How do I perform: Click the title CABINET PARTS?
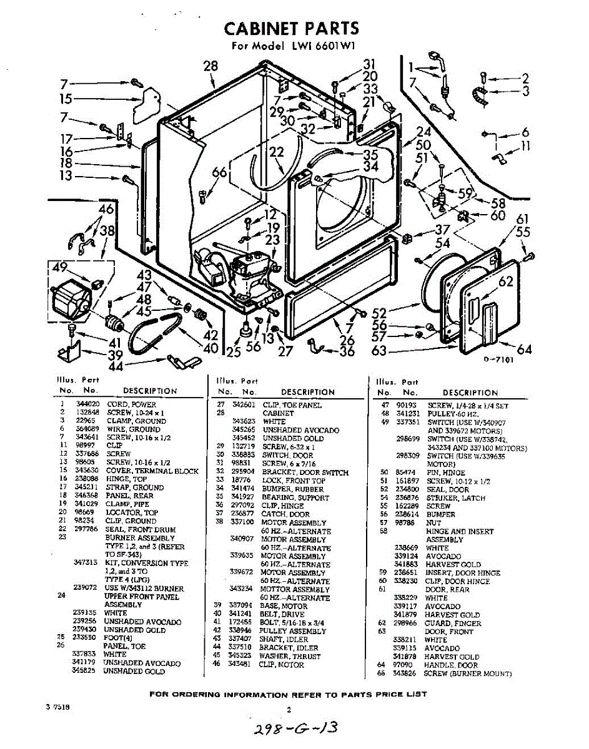[x=291, y=28]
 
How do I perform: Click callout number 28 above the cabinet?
[x=211, y=66]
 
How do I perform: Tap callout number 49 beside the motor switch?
[x=60, y=268]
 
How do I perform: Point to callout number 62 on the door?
[x=505, y=282]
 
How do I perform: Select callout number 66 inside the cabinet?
[x=219, y=173]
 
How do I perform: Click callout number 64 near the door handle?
[x=524, y=350]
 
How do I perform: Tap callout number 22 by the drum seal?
[x=277, y=151]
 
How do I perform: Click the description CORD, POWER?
[x=131, y=404]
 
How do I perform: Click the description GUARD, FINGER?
[x=453, y=623]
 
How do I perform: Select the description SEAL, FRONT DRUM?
[x=140, y=529]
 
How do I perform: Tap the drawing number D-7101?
[x=498, y=368]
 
